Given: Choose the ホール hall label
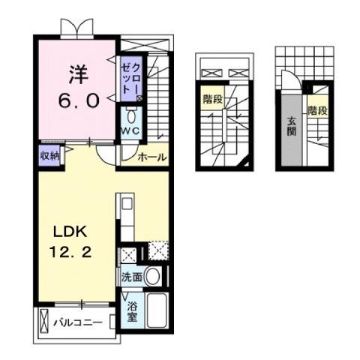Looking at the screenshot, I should (152, 157).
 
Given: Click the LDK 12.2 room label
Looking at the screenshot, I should (72, 241).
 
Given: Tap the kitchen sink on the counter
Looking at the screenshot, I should (126, 203).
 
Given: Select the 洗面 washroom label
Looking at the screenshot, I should (132, 276).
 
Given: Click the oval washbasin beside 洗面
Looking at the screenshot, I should (153, 276).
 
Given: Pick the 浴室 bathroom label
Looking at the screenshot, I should (132, 310).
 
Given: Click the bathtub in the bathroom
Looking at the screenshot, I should (157, 309).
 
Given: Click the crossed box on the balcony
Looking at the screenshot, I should (44, 323).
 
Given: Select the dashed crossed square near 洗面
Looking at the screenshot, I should (159, 251).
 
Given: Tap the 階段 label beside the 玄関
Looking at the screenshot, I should (317, 111).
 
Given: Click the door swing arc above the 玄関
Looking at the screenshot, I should (289, 79).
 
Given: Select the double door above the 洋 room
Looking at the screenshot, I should (78, 27).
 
